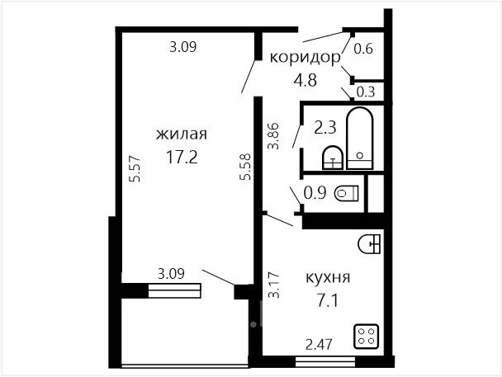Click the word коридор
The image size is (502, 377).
tap(305, 59)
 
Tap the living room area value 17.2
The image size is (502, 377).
tap(182, 157)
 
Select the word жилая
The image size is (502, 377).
tap(182, 134)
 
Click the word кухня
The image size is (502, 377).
tap(328, 277)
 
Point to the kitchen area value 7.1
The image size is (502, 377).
tap(328, 300)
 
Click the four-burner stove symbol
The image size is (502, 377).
tap(367, 336)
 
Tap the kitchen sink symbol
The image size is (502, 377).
tap(369, 244)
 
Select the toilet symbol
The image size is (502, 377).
tap(347, 193)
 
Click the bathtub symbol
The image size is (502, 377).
tap(359, 139)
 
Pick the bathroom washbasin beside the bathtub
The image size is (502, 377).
tap(332, 158)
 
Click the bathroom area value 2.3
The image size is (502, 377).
tap(325, 128)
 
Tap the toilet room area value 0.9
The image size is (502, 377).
tap(315, 193)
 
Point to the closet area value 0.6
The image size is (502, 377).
tap(363, 49)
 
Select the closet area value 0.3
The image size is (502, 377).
tap(366, 92)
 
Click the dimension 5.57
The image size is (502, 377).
tap(135, 168)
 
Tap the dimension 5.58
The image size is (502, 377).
tap(245, 167)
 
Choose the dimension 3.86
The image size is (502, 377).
tap(274, 136)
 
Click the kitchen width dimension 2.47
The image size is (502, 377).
tap(320, 344)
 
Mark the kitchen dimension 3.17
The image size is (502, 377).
tap(274, 285)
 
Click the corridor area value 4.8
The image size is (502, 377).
tap(305, 80)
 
